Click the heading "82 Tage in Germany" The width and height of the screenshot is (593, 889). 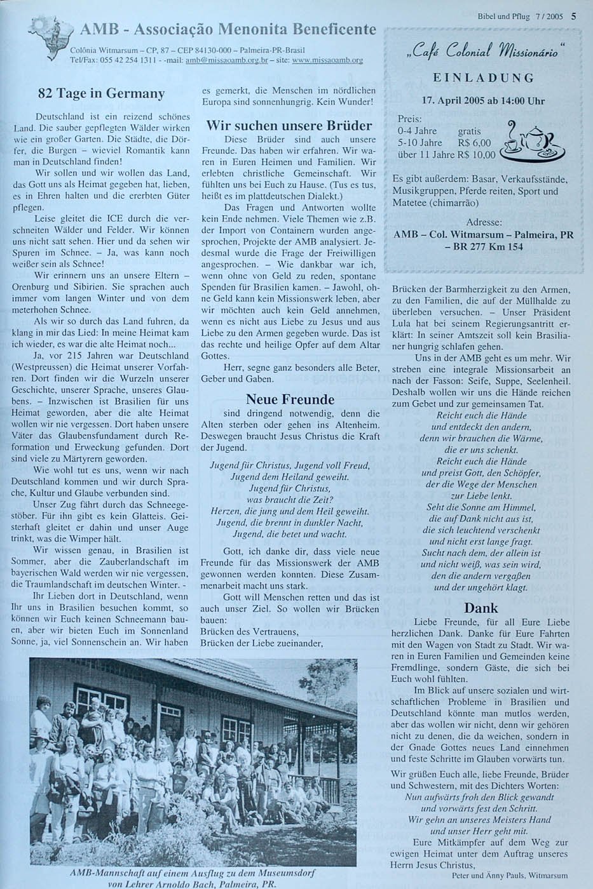[101, 93]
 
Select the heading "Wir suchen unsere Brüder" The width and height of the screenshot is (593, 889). [289, 125]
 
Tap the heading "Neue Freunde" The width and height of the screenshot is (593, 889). [290, 399]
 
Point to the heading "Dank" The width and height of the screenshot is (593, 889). [481, 608]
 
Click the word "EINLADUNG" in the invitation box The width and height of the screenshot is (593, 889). [484, 78]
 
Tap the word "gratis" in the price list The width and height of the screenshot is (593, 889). [470, 131]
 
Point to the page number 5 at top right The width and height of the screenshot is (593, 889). [573, 17]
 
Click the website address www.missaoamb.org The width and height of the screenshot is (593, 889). [327, 61]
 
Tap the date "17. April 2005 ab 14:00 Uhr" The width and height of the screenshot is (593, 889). [484, 101]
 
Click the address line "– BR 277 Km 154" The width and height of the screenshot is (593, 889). [483, 246]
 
